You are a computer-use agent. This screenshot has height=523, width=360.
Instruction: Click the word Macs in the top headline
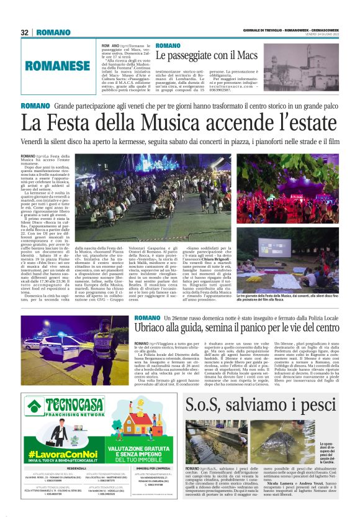pyautogui.click(x=245, y=57)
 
